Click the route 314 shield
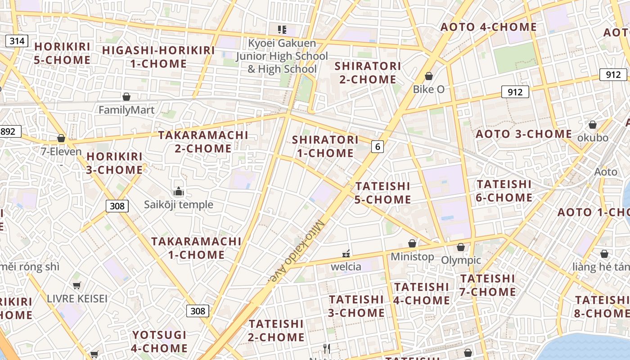(17, 41)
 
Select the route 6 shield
(378, 146)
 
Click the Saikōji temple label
(179, 205)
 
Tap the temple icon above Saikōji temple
(179, 192)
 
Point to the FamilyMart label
(126, 110)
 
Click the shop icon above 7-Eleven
(61, 138)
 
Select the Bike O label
(429, 89)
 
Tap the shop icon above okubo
(593, 125)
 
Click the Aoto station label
(606, 171)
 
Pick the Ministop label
(412, 256)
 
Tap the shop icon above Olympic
(461, 247)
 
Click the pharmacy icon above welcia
(346, 253)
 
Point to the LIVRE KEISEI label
(77, 298)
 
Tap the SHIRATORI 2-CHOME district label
(368, 72)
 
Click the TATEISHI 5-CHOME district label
(383, 193)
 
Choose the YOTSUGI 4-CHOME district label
(159, 341)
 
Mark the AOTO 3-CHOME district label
(524, 134)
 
